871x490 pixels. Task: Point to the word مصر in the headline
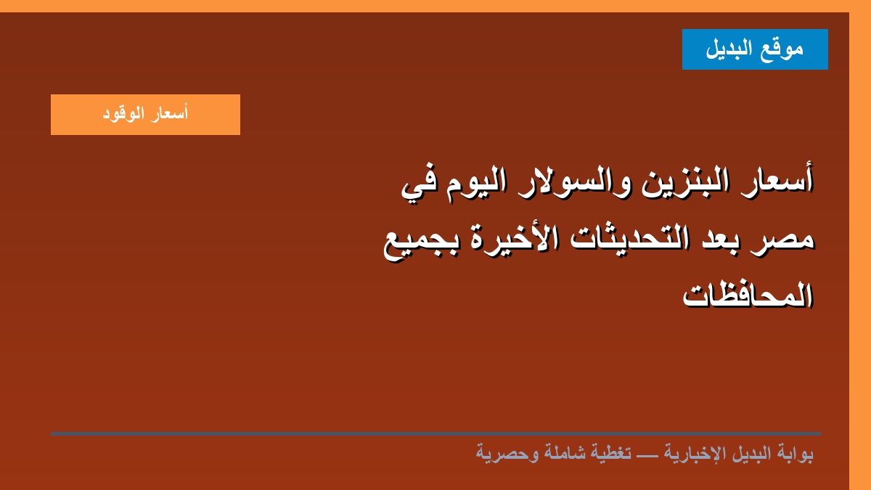point(782,240)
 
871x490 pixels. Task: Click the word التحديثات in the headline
point(629,237)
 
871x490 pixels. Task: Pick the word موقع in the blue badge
point(782,49)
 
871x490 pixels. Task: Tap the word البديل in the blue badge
point(729,49)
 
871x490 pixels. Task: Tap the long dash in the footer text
point(647,454)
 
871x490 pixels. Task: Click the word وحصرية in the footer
point(507,454)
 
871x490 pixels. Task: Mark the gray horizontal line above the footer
point(435,433)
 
